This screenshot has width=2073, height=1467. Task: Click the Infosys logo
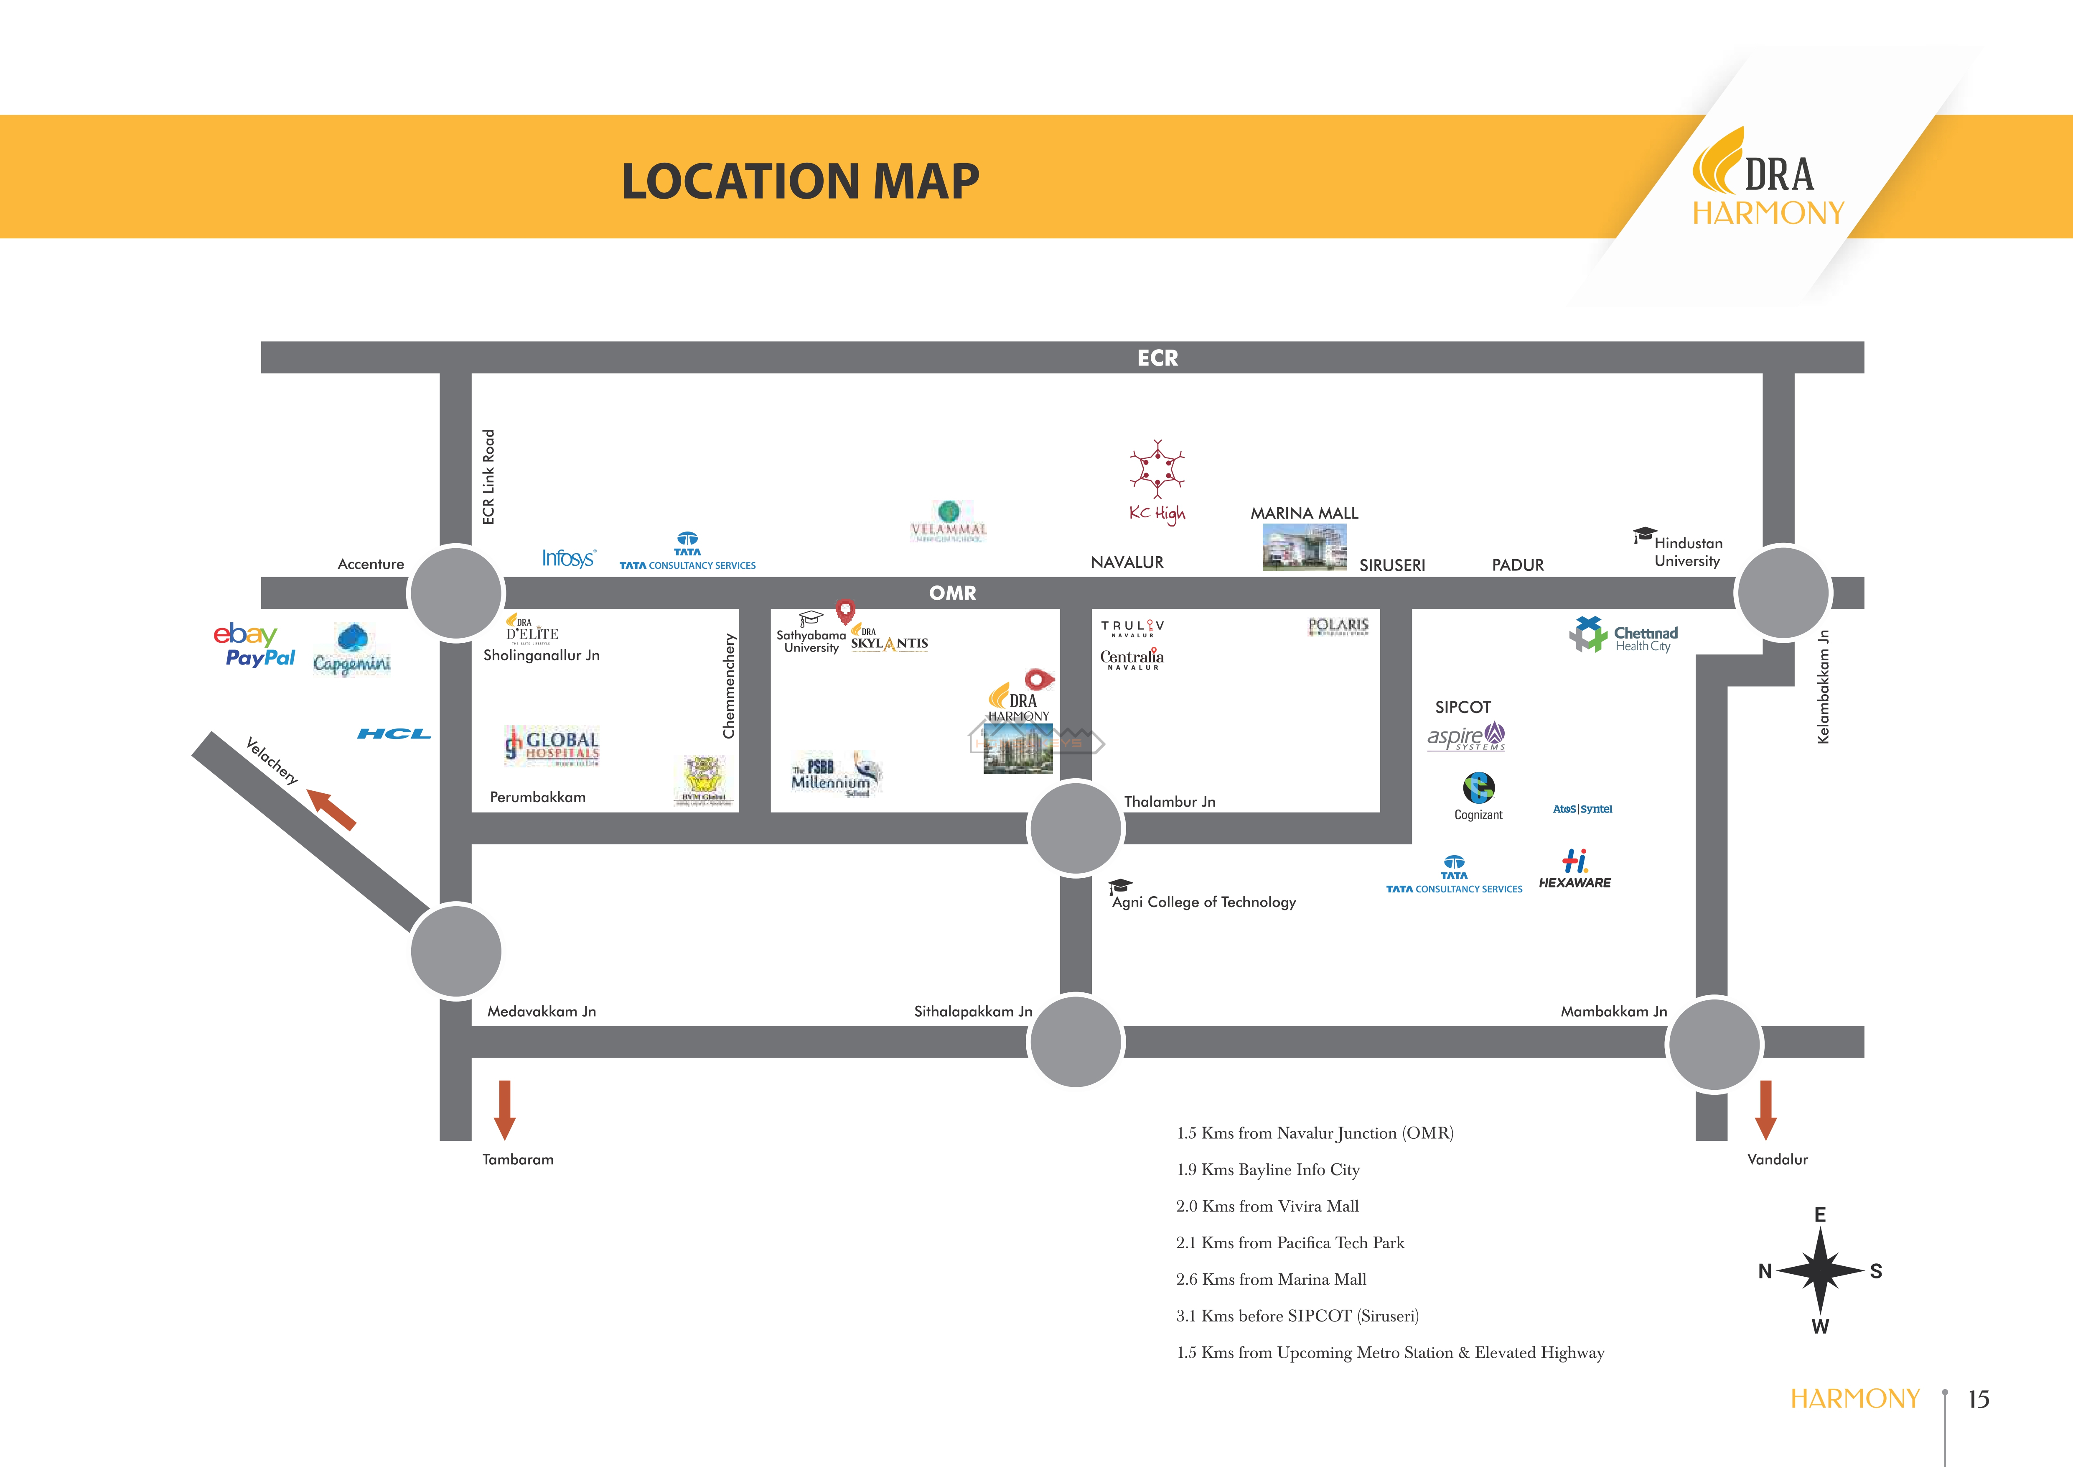(x=568, y=558)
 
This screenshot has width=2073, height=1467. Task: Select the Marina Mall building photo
(x=1304, y=547)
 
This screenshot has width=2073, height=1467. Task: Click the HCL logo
(x=394, y=733)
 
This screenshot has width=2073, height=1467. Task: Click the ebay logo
(x=245, y=634)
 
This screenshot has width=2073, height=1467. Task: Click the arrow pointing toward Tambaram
(x=505, y=1109)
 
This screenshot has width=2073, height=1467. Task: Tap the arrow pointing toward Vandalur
(x=1765, y=1109)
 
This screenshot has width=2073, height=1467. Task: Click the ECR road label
(x=1157, y=358)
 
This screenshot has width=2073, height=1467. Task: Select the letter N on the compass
(x=1765, y=1271)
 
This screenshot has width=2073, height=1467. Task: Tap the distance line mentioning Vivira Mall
(x=1267, y=1206)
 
